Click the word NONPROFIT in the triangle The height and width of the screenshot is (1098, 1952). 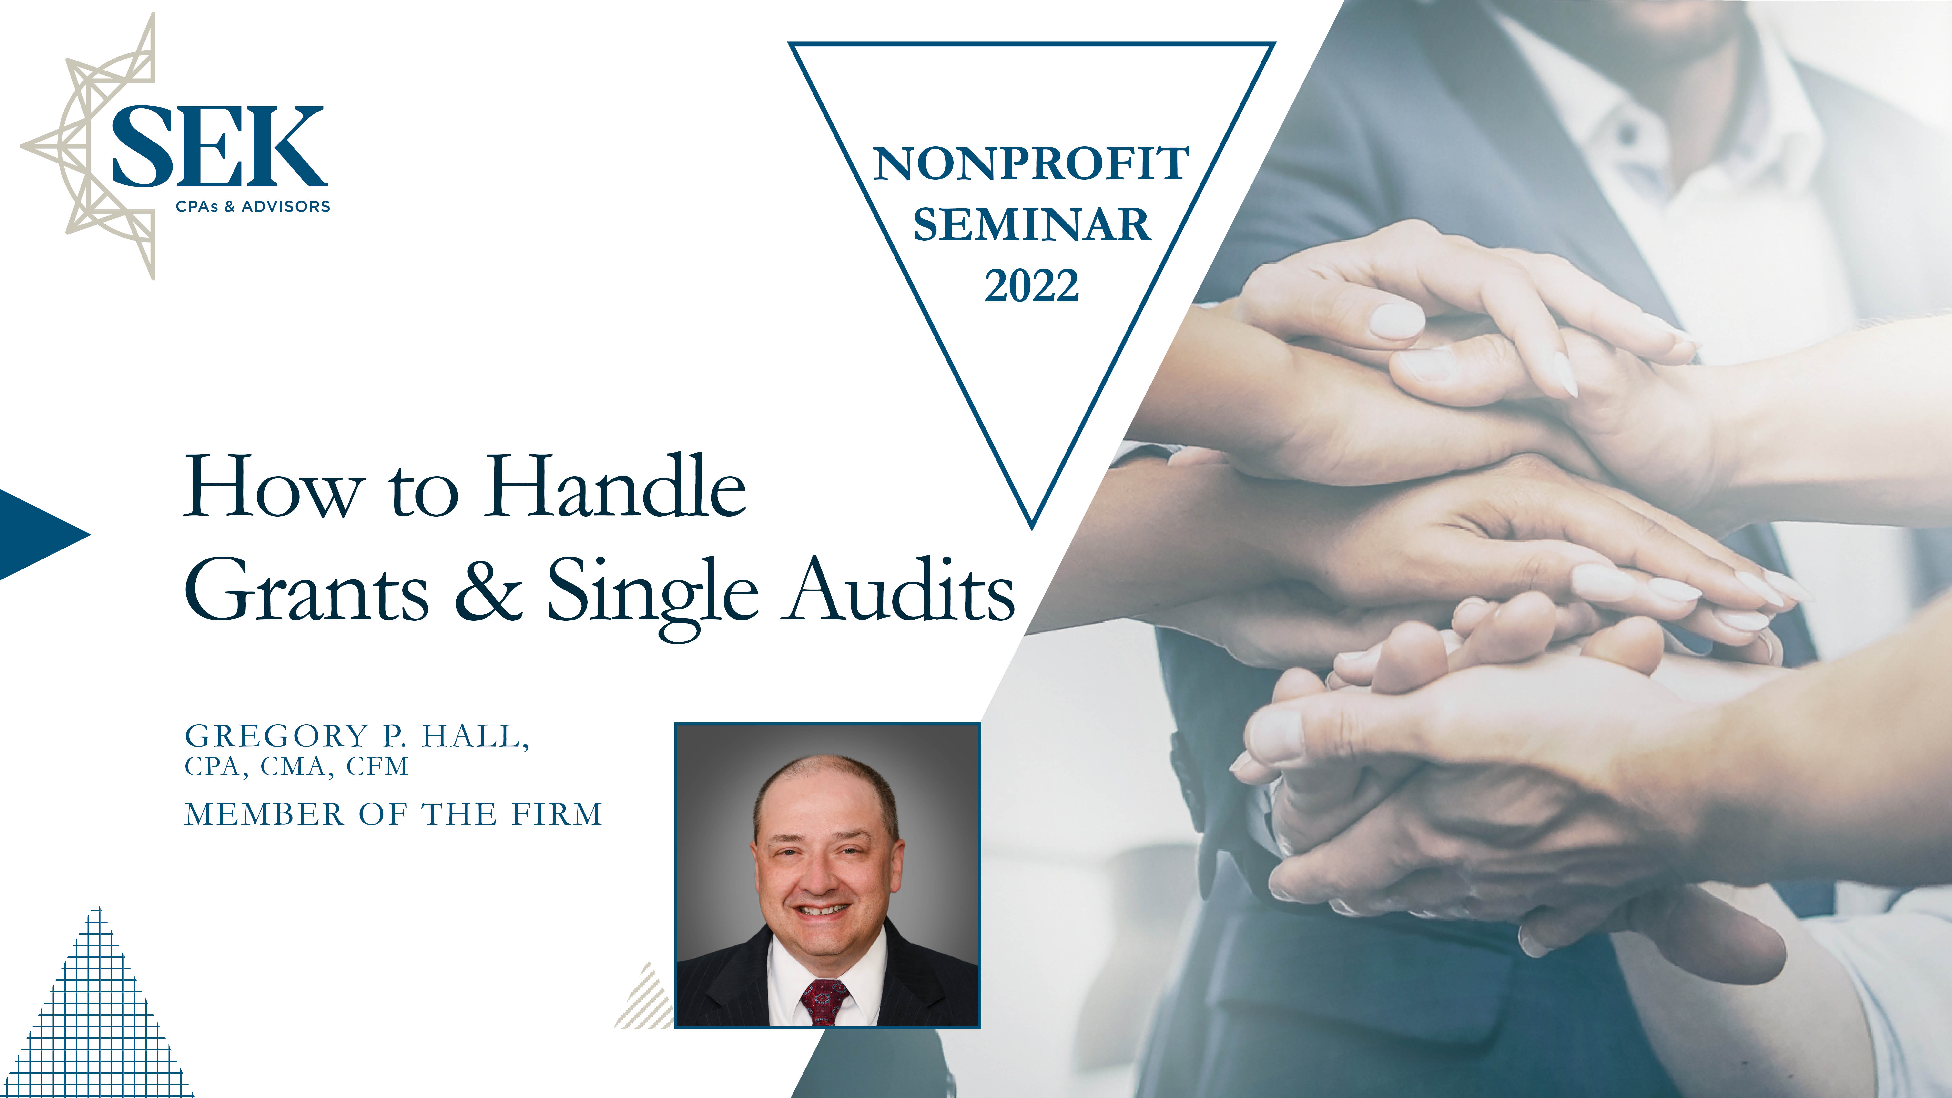(1031, 164)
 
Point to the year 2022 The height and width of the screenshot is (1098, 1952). (1031, 286)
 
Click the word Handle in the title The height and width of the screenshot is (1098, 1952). (615, 487)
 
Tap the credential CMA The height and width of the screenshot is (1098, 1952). (296, 767)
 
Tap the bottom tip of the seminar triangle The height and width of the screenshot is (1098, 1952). (1032, 528)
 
